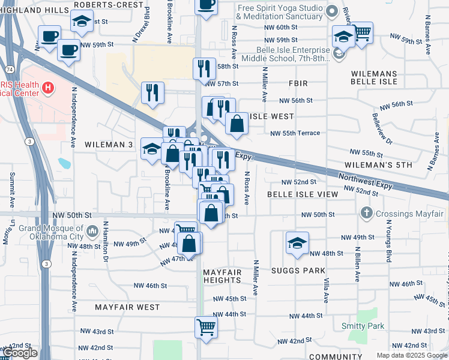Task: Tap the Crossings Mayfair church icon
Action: [x=367, y=214]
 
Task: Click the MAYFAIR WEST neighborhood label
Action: [x=127, y=307]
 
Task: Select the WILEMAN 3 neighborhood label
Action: [x=109, y=145]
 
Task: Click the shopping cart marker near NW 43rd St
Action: [x=206, y=328]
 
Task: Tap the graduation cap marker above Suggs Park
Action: [x=297, y=243]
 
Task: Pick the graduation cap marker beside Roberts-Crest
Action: [x=81, y=22]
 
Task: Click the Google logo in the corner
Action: [x=20, y=353]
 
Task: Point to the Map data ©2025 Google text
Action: [x=412, y=355]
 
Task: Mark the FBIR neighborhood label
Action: [x=298, y=83]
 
